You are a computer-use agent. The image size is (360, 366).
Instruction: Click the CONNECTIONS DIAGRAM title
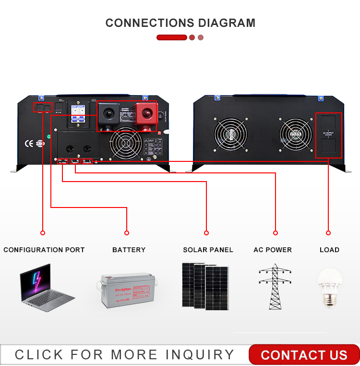coord(180,23)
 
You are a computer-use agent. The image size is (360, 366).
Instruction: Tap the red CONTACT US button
coord(304,355)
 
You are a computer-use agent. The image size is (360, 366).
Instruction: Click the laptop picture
coord(47,288)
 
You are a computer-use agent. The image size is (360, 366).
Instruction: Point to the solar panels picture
coord(205,285)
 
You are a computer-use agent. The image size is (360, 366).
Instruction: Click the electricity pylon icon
coord(275,286)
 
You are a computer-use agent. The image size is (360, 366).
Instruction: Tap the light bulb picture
coord(330,287)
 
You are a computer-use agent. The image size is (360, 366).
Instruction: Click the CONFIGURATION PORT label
coord(44,250)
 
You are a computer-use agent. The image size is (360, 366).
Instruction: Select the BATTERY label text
coord(129,250)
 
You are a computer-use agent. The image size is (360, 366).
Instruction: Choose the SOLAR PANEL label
coord(208,250)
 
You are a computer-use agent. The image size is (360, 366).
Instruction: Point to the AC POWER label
coord(273,250)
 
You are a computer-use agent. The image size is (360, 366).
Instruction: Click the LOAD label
coord(329,250)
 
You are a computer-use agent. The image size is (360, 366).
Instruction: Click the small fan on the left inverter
coord(126,143)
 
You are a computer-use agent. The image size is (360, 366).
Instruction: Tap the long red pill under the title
coord(171,37)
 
